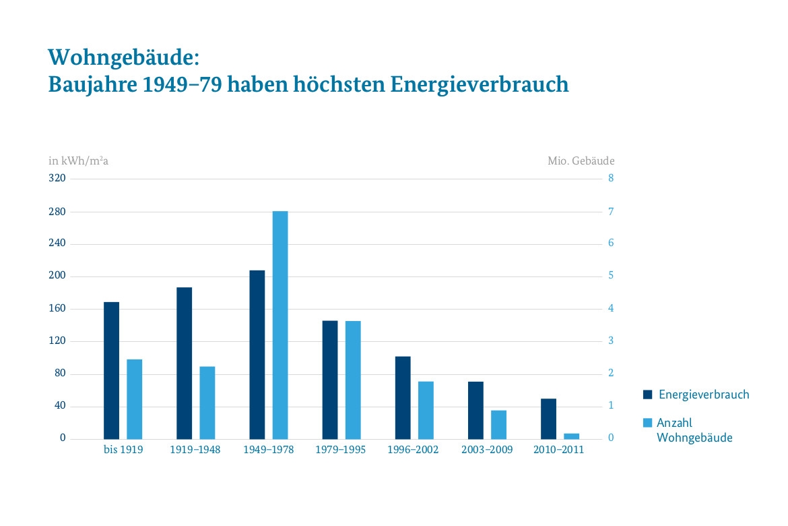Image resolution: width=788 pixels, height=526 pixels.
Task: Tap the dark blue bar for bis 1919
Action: click(111, 370)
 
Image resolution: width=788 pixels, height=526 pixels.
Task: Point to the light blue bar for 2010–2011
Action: click(571, 436)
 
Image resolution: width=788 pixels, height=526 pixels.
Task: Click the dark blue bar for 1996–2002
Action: click(403, 398)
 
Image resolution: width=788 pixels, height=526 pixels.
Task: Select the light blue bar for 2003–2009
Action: click(498, 424)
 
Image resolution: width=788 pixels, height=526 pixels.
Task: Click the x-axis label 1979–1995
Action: click(341, 450)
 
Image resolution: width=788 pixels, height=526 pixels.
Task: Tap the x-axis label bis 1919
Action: click(123, 450)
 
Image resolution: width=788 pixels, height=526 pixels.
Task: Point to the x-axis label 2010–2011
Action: click(559, 450)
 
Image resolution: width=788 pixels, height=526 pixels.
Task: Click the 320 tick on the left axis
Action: click(58, 179)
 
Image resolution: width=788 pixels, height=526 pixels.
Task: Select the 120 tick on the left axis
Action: click(58, 341)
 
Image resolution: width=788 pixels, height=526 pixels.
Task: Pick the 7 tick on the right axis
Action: click(611, 212)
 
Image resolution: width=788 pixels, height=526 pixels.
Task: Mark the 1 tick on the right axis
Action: click(611, 406)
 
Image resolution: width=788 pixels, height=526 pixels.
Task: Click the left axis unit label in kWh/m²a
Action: click(78, 161)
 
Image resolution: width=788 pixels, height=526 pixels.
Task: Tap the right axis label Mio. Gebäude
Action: click(581, 161)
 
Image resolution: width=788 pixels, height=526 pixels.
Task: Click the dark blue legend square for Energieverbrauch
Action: click(648, 394)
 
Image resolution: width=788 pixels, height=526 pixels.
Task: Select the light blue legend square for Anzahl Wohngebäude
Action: click(648, 423)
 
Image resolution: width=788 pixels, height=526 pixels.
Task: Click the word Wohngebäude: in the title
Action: click(125, 57)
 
